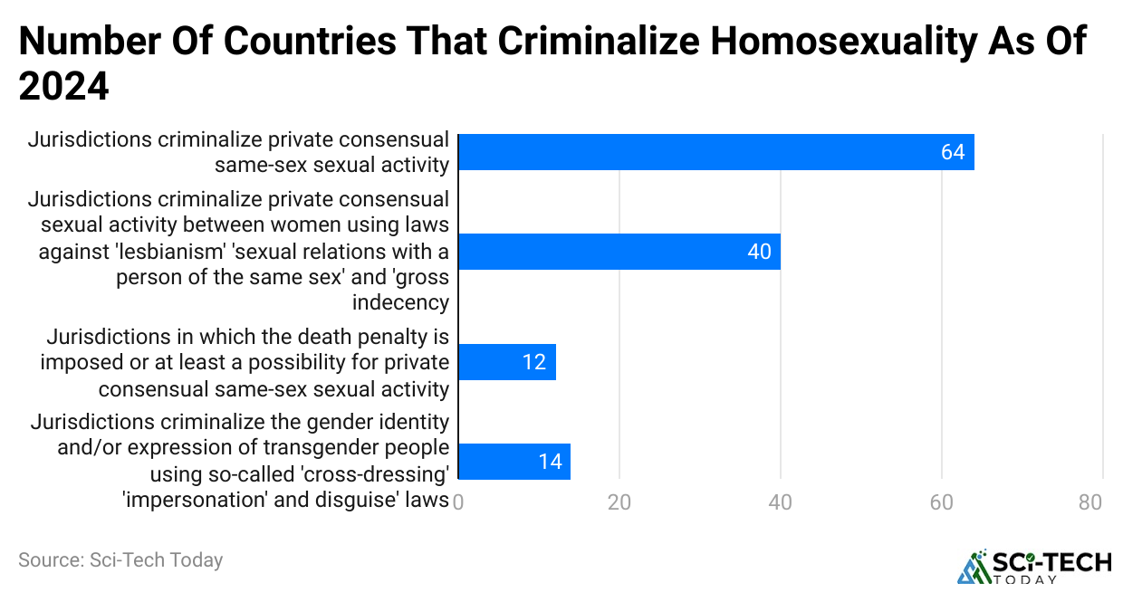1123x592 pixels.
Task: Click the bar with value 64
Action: pos(715,152)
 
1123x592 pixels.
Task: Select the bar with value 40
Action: pos(619,251)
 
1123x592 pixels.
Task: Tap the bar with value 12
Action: pos(506,362)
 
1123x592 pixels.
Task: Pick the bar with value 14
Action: pos(514,461)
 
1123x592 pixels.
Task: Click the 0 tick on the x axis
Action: pos(458,502)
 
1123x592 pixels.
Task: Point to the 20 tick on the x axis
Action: pos(619,502)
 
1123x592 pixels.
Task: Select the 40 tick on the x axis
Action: pos(780,502)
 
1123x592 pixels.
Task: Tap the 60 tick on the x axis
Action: pos(942,502)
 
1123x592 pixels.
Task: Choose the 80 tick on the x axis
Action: pos(1090,502)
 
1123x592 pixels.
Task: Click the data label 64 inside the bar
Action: pos(953,152)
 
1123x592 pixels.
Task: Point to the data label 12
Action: pos(533,362)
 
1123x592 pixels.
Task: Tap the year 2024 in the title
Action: pos(63,88)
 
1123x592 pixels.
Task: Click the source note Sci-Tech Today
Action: pos(120,560)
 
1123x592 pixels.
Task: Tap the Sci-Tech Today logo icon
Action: pos(974,566)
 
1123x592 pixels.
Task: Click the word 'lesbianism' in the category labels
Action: pos(160,251)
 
